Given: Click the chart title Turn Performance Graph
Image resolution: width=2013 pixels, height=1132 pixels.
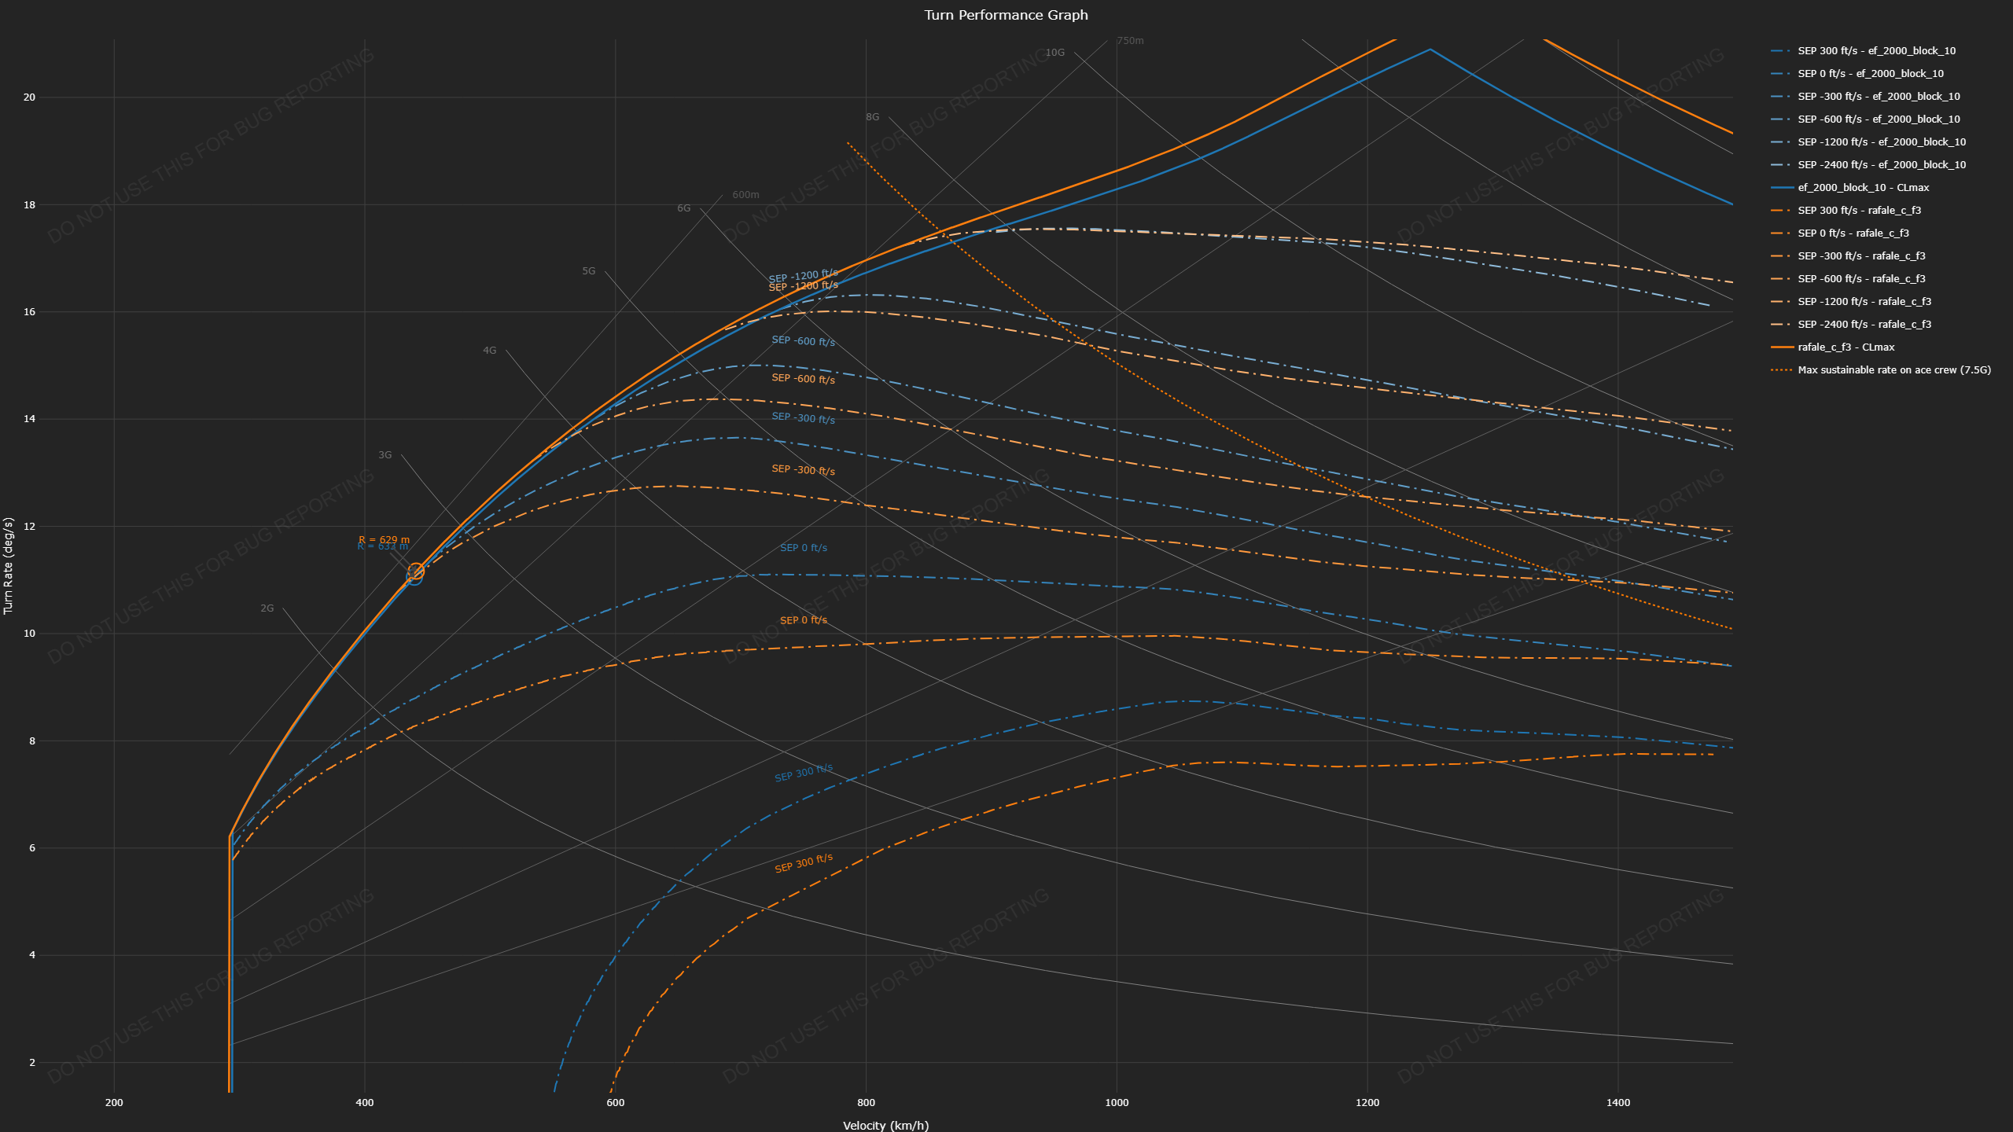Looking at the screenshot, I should tap(1006, 15).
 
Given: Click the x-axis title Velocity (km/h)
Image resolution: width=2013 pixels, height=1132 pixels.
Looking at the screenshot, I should tap(885, 1125).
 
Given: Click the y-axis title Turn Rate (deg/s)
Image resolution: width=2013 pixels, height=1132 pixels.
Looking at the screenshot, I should tap(9, 565).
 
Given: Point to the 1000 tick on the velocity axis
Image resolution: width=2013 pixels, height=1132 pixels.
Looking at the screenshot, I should tap(1117, 1102).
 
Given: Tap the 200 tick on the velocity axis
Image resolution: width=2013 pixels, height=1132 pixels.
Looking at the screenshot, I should tap(114, 1102).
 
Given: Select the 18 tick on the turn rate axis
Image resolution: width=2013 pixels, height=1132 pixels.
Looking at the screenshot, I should tap(30, 205).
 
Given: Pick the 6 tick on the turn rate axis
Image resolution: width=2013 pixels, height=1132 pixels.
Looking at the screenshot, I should tap(32, 848).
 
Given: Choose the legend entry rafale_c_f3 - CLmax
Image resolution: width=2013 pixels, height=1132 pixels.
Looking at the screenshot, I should tap(1846, 347).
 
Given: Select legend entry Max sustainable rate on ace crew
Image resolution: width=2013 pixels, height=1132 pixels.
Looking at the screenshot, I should tap(1893, 370).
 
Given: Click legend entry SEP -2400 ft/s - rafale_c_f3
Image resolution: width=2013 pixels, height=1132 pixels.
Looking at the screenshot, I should tap(1864, 325).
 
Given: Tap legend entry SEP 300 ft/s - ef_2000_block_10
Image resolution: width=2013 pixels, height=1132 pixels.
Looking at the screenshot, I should tap(1876, 51).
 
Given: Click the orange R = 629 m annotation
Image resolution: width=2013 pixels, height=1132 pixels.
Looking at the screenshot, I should tap(384, 539).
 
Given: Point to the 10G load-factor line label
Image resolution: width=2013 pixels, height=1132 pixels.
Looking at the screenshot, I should tap(1054, 53).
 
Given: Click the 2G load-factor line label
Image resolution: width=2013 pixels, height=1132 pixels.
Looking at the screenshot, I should tap(267, 608).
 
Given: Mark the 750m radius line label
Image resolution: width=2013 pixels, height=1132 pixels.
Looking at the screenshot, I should tap(1130, 41).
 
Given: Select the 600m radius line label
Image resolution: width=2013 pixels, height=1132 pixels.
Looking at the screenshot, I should tap(745, 195).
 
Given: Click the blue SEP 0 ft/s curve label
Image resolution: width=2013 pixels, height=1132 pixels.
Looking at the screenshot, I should tap(803, 548).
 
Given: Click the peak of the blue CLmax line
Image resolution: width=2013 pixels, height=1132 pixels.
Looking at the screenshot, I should tap(1430, 50).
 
